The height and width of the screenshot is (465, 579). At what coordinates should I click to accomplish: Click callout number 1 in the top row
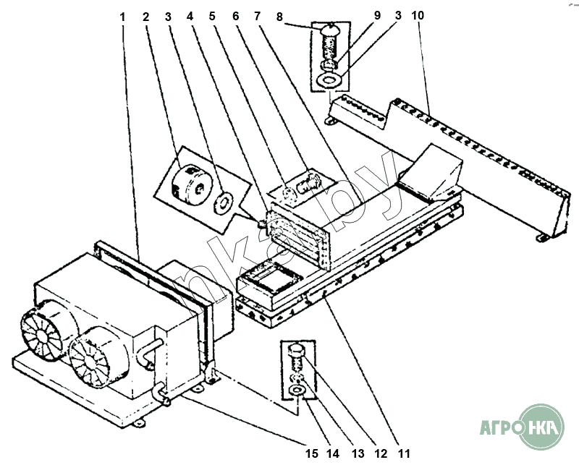(x=123, y=16)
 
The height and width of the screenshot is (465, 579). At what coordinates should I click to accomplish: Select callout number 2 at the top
(x=146, y=16)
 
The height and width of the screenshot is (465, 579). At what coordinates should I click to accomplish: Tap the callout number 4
(x=190, y=16)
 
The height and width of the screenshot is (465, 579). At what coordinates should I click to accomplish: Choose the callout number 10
(x=418, y=15)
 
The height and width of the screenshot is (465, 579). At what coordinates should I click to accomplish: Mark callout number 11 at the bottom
(x=404, y=453)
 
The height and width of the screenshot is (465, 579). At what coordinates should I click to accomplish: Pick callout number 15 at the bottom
(x=311, y=453)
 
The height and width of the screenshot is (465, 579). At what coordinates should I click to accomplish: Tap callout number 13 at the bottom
(x=358, y=453)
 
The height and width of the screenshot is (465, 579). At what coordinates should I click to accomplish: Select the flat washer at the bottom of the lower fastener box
(x=296, y=392)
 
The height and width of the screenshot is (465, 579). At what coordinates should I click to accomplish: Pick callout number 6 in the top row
(x=236, y=16)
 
